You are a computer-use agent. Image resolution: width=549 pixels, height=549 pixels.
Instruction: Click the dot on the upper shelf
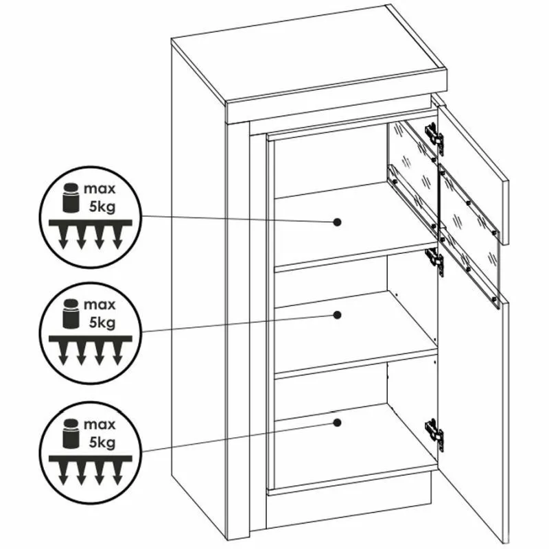point(337,222)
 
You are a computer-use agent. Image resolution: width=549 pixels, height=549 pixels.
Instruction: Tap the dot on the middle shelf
point(337,315)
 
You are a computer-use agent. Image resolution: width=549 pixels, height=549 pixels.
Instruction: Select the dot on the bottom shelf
point(337,423)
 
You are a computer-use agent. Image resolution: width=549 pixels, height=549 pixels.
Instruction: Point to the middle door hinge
point(434,261)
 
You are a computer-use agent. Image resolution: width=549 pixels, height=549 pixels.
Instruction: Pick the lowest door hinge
point(434,432)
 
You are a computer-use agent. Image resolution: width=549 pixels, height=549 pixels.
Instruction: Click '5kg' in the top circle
point(102,207)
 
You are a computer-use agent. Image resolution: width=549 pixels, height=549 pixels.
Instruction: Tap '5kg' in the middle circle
point(102,323)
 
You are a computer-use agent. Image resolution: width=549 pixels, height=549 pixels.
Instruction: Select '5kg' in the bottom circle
point(102,443)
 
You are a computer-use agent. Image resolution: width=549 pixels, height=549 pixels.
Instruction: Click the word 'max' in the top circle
point(100,189)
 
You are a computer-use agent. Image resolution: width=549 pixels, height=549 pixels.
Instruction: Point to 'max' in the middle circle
point(100,305)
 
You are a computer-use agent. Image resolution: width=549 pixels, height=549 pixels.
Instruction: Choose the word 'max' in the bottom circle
point(100,425)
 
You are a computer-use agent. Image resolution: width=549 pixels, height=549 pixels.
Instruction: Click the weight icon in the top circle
point(71,198)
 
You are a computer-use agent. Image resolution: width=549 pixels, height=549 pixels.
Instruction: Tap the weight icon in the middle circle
point(71,314)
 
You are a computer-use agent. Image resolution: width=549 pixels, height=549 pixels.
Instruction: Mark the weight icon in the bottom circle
point(71,433)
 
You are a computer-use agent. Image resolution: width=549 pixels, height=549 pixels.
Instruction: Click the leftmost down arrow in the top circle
point(63,237)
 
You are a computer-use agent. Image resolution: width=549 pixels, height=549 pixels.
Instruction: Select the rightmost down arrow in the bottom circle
point(117,473)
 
